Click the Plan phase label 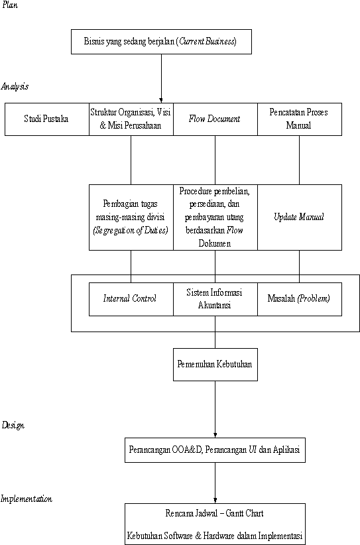click(x=10, y=5)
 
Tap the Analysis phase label click(x=15, y=87)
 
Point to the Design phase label click(x=13, y=425)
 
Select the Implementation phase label click(x=27, y=499)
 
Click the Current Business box click(x=161, y=42)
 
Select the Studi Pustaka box click(x=47, y=119)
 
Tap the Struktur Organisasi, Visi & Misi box click(x=131, y=119)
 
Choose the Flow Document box click(x=215, y=119)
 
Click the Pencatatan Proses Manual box click(x=300, y=119)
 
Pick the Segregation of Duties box click(x=131, y=217)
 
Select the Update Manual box click(x=300, y=217)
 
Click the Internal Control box click(x=131, y=299)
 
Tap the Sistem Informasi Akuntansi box click(x=215, y=299)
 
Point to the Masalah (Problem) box click(x=300, y=299)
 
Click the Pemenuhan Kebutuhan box click(x=215, y=365)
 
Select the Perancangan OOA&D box click(x=215, y=450)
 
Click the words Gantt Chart click(x=244, y=513)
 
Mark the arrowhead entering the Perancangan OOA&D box click(x=215, y=435)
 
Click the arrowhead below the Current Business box click(x=161, y=100)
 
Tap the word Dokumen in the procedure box click(x=214, y=243)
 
